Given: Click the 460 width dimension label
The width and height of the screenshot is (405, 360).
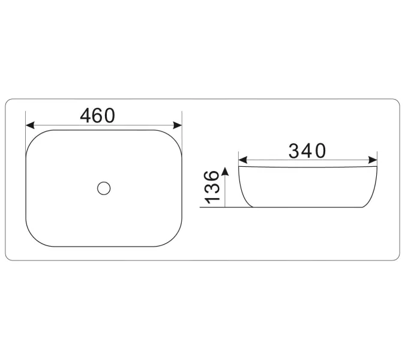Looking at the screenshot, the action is click(x=97, y=115).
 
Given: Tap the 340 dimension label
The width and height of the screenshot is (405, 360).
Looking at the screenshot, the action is click(x=307, y=151).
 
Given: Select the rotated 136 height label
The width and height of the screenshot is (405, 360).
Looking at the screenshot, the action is click(x=212, y=187).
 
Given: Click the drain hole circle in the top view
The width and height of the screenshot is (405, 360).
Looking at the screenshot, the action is click(x=104, y=188).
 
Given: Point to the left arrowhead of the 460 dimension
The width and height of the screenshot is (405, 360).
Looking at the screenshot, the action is click(x=30, y=125).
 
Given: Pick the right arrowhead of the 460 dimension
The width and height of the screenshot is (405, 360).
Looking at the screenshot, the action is click(x=178, y=125).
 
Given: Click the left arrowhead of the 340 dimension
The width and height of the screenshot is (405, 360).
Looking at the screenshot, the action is click(x=243, y=160).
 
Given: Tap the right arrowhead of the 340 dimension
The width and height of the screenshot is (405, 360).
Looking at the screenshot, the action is click(x=373, y=160).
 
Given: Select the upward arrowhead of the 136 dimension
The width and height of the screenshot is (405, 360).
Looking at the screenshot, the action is click(x=225, y=172).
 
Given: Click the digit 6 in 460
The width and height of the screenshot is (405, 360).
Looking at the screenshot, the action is click(x=97, y=115).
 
